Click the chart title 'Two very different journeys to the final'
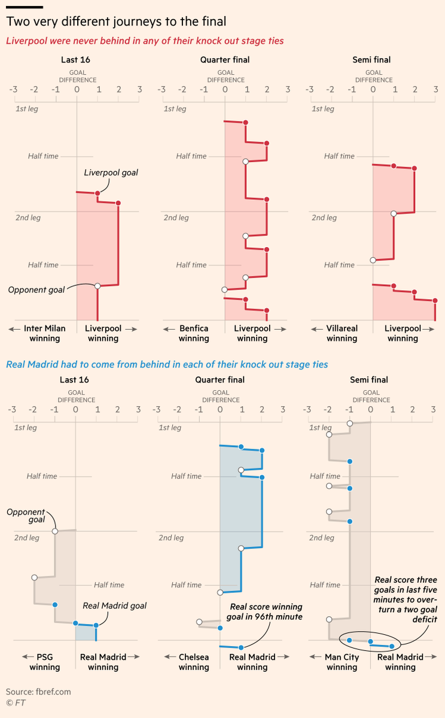116,22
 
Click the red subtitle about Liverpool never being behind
145,41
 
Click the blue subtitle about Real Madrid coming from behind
166,364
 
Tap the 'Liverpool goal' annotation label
111,173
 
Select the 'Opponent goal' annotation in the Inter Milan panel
36,290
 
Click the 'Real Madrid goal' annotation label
114,606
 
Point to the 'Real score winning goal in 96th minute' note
266,611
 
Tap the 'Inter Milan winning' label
44,333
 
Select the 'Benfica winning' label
193,333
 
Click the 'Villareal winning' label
342,333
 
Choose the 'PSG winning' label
44,662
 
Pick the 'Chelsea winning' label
193,662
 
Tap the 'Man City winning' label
342,662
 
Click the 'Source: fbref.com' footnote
38,692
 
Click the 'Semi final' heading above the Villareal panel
373,60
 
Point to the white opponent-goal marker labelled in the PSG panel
55,531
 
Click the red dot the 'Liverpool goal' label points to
97,193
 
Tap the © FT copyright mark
14,703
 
